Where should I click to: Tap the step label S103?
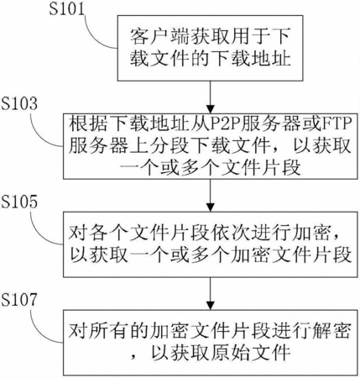tap(19, 103)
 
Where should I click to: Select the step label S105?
tap(19, 202)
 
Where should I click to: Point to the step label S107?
tap(19, 300)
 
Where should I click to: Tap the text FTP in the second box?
tap(336, 123)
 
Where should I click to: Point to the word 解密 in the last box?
tap(331, 332)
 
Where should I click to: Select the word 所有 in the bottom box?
tap(108, 332)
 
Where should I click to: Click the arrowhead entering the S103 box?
tap(210, 109)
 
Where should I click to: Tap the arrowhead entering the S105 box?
tap(210, 207)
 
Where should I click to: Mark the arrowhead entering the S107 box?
tap(210, 305)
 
